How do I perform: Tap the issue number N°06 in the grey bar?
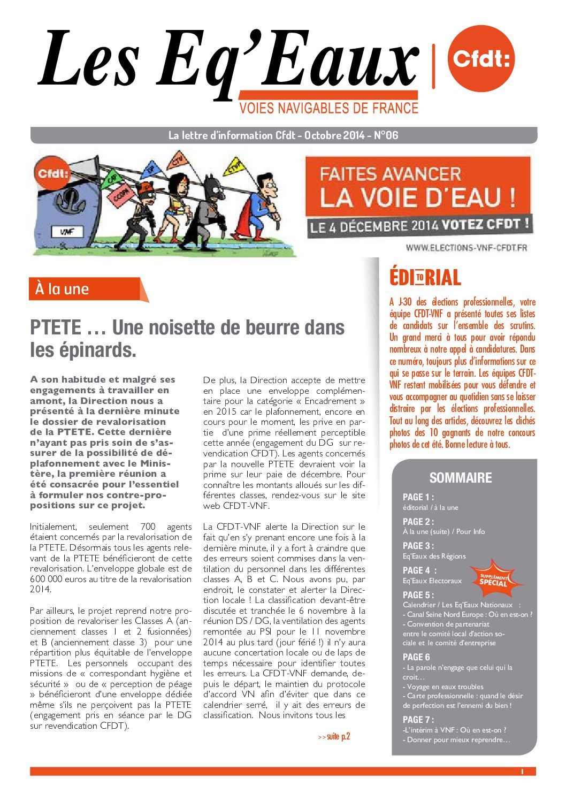(385, 135)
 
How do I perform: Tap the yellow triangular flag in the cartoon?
(234, 166)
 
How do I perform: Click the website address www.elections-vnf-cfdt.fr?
(466, 247)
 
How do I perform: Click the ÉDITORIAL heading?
(425, 278)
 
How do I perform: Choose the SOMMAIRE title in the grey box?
(460, 477)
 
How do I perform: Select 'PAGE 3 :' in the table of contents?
(418, 546)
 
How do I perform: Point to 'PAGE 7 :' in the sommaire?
(418, 720)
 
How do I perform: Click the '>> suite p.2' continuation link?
(334, 737)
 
